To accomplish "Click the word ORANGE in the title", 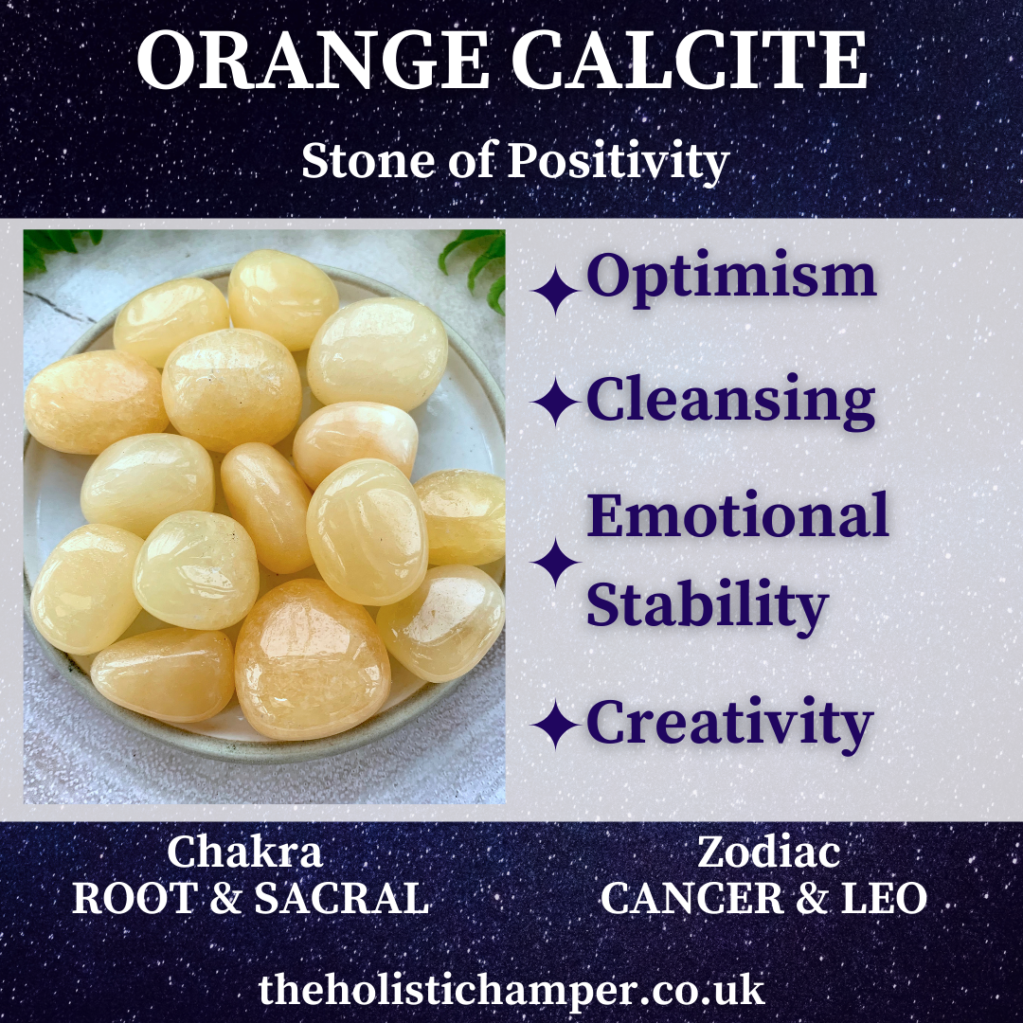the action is tap(313, 60).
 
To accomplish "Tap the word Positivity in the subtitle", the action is tap(618, 161).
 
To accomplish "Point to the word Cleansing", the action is tap(730, 402).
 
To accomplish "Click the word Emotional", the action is tap(737, 514).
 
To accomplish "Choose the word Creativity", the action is tap(729, 724).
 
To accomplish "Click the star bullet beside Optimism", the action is tap(555, 291).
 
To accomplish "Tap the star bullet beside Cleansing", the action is tap(555, 402).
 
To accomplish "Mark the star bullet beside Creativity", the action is tap(555, 725).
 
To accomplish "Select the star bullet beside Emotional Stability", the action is tap(555, 563).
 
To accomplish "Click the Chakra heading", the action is tap(244, 852).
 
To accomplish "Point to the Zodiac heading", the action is tap(768, 852).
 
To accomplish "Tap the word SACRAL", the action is tap(342, 898).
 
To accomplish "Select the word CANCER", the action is tap(692, 898).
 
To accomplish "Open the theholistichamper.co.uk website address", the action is tap(511, 991).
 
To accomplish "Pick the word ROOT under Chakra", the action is tap(135, 898).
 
